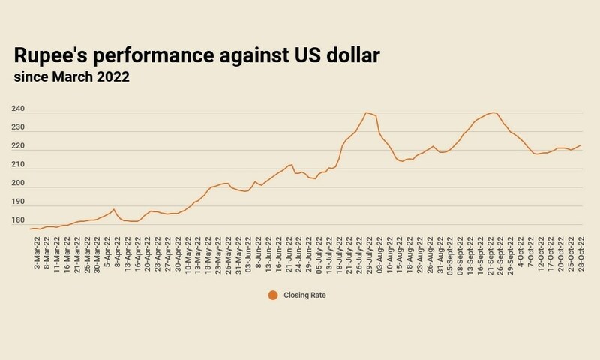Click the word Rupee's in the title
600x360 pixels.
[53, 56]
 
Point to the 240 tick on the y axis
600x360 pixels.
[19, 109]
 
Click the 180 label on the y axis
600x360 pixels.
[19, 220]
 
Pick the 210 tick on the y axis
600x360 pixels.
[19, 165]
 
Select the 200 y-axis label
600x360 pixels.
[19, 184]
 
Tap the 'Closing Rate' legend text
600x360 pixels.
[304, 295]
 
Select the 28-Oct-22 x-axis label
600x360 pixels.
[581, 253]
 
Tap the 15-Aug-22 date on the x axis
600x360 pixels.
[399, 253]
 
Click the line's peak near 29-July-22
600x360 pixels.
[366, 112]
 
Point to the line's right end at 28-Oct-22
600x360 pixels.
[581, 145]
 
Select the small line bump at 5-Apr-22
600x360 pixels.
[113, 209]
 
